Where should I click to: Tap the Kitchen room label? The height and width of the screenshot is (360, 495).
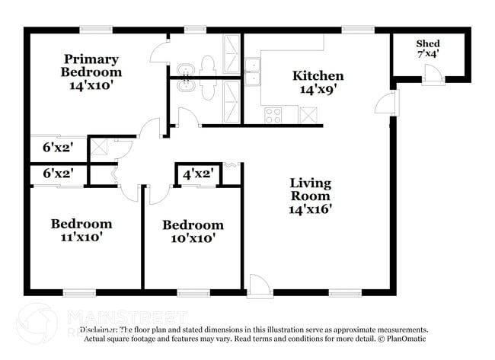click(318, 76)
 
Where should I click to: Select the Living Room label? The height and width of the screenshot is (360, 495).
click(311, 190)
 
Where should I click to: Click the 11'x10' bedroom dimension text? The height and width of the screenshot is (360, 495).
click(81, 237)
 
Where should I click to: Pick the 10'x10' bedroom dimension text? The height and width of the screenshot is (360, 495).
click(193, 238)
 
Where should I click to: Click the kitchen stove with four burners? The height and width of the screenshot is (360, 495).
click(273, 115)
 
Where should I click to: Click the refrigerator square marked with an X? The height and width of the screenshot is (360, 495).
click(309, 115)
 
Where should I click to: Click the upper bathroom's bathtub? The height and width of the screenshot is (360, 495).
click(230, 53)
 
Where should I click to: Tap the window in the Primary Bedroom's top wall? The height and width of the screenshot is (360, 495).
click(91, 30)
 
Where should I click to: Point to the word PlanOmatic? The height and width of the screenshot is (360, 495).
click(408, 339)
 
